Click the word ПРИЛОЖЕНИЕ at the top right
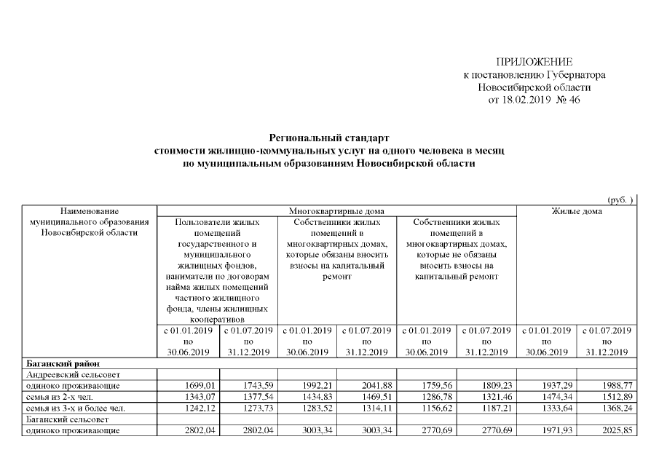(x=534, y=62)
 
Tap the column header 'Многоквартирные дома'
(x=336, y=210)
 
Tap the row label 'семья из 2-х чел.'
(x=60, y=397)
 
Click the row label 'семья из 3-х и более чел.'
(x=74, y=408)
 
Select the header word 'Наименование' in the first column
(x=90, y=210)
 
